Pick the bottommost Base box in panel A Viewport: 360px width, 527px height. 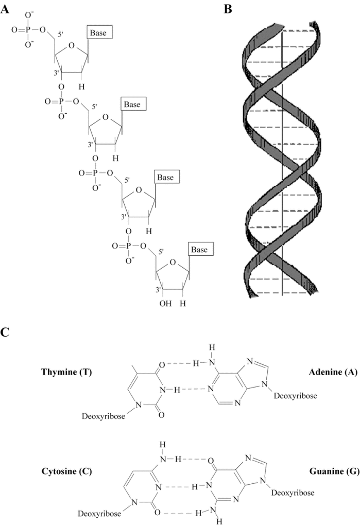(x=200, y=250)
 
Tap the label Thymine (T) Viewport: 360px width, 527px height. (x=66, y=372)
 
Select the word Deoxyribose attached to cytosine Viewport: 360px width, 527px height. (x=99, y=513)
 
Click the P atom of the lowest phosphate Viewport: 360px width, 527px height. (x=126, y=247)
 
